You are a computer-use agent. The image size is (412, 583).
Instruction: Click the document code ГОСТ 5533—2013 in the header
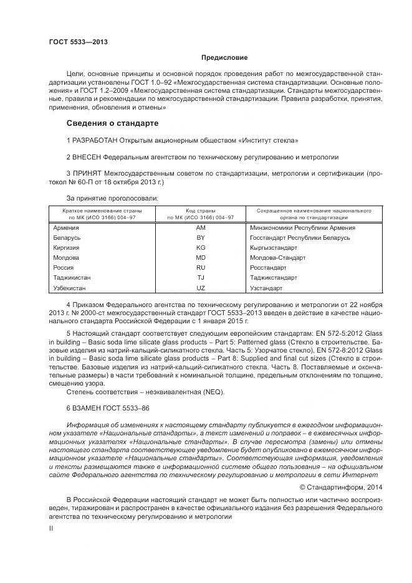(x=78, y=42)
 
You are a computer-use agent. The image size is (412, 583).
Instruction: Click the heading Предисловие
(x=224, y=57)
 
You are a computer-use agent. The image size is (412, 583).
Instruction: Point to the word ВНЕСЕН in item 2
(x=87, y=157)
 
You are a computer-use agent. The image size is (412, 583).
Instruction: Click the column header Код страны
(x=201, y=211)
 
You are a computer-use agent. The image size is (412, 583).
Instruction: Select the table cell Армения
(x=67, y=227)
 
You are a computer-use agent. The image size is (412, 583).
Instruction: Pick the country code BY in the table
(x=201, y=237)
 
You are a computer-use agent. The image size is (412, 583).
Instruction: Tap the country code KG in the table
(x=201, y=247)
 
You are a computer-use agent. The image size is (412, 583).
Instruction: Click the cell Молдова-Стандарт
(x=277, y=257)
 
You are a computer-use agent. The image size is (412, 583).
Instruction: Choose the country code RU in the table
(x=201, y=268)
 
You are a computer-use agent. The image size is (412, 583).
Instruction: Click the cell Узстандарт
(x=266, y=288)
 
